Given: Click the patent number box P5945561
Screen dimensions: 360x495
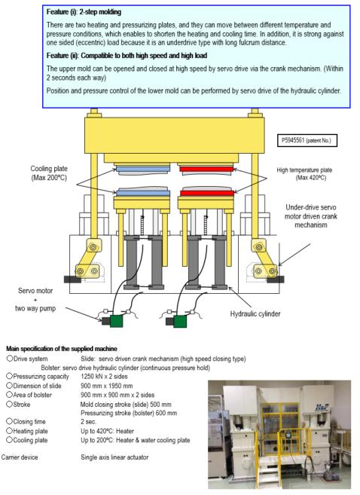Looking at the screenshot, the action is [x=307, y=140].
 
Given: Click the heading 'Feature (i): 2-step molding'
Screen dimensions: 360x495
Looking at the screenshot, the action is [x=84, y=12].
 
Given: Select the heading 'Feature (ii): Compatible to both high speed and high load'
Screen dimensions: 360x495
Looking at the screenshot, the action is [x=127, y=56].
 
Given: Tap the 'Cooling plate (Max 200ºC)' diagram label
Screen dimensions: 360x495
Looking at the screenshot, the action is [x=49, y=173].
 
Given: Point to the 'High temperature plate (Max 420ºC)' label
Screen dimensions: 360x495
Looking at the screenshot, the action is [x=304, y=174].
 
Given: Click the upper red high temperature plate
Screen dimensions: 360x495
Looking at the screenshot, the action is [x=206, y=169].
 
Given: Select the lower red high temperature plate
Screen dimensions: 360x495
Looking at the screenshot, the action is [x=207, y=193].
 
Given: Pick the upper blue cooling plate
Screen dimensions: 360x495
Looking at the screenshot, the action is [x=143, y=169].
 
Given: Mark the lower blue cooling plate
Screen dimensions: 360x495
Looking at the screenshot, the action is [x=143, y=193].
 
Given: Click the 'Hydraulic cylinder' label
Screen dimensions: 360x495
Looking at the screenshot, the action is [x=255, y=313].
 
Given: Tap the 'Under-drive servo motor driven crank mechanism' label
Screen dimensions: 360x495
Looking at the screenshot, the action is [x=311, y=216].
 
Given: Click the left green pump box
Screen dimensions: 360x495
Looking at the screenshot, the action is [x=116, y=321].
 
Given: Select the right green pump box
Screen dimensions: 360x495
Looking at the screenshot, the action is [x=180, y=322].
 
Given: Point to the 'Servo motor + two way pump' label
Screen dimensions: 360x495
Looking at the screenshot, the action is [x=35, y=299].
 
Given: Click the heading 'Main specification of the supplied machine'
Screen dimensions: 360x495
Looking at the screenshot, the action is [x=62, y=349].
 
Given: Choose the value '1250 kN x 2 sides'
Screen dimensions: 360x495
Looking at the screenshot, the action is [x=104, y=376].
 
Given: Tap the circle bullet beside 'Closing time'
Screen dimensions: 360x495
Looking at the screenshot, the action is [x=9, y=421].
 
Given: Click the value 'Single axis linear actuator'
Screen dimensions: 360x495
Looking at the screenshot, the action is [x=114, y=457].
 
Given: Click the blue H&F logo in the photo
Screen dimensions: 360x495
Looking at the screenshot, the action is [x=322, y=408].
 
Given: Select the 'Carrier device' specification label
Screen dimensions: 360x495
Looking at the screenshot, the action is [x=20, y=457].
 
